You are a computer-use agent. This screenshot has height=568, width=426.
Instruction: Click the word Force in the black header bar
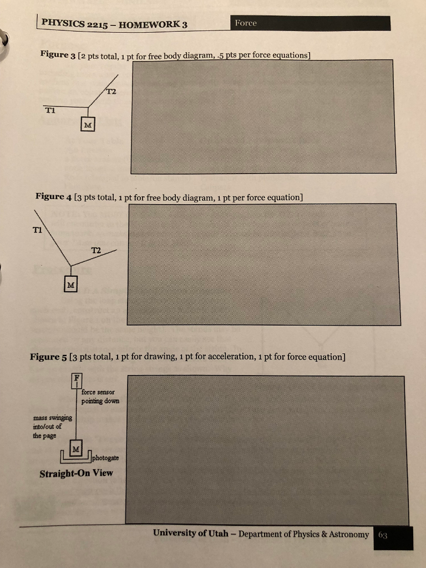coord(246,23)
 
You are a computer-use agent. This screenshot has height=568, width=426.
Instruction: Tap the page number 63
coord(383,535)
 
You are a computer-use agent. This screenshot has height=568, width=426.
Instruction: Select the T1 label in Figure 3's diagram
coord(50,110)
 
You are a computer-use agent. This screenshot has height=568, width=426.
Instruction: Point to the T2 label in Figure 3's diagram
coord(111,92)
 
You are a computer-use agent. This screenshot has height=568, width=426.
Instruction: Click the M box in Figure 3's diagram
coord(88,124)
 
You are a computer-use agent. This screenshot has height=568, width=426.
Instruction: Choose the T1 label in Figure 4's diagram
coord(38,230)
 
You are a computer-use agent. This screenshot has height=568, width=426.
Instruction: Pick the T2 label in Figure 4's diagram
coord(96,250)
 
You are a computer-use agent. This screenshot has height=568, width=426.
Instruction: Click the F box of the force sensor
coord(77,381)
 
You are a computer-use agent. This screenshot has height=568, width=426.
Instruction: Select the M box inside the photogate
coord(75,449)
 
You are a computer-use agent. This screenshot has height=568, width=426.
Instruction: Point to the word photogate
coord(105,458)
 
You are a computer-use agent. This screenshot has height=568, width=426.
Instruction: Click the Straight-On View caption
coord(76,474)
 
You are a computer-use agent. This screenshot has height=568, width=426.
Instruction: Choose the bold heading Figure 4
coord(54,196)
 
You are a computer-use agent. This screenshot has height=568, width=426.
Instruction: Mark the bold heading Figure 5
coord(49,357)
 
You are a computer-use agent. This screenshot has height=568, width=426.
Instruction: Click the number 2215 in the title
coord(97,24)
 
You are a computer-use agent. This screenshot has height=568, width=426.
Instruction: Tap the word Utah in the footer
coord(219,533)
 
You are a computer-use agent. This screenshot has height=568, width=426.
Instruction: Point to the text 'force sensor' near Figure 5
coord(98,392)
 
